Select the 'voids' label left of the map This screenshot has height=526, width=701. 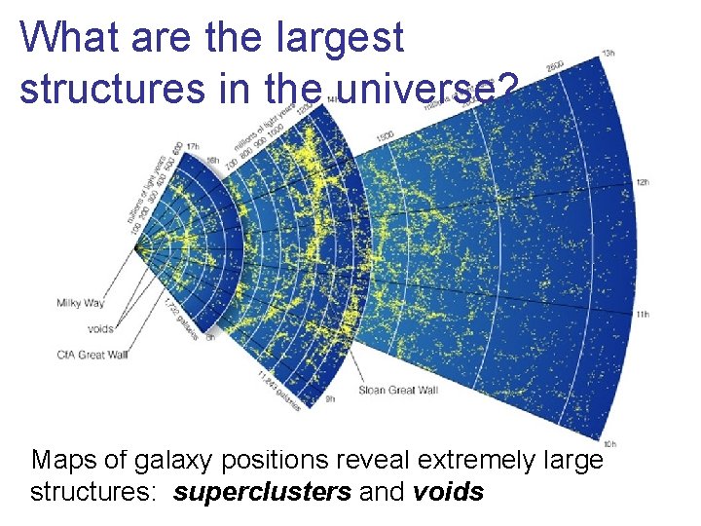(100, 329)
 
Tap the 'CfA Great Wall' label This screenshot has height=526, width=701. (92, 355)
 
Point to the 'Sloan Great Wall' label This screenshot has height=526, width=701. (398, 391)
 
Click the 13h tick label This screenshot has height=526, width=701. (609, 53)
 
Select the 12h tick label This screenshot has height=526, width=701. (642, 182)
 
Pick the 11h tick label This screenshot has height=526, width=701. (642, 315)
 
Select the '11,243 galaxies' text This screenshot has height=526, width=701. (278, 391)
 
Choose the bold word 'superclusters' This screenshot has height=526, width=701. (262, 492)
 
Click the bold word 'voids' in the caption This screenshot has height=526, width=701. (448, 492)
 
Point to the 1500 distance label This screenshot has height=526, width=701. (385, 131)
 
